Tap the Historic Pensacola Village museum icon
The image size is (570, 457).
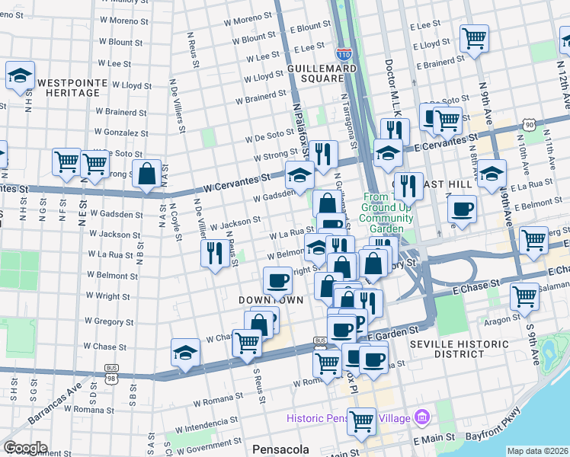click(x=422, y=417)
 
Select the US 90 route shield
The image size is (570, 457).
click(x=530, y=124)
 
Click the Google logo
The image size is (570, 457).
click(x=24, y=448)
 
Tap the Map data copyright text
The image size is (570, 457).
click(x=537, y=451)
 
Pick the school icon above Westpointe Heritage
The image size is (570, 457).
click(x=20, y=75)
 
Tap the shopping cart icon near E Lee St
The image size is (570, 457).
click(x=474, y=38)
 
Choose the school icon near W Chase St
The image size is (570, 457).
click(x=185, y=353)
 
